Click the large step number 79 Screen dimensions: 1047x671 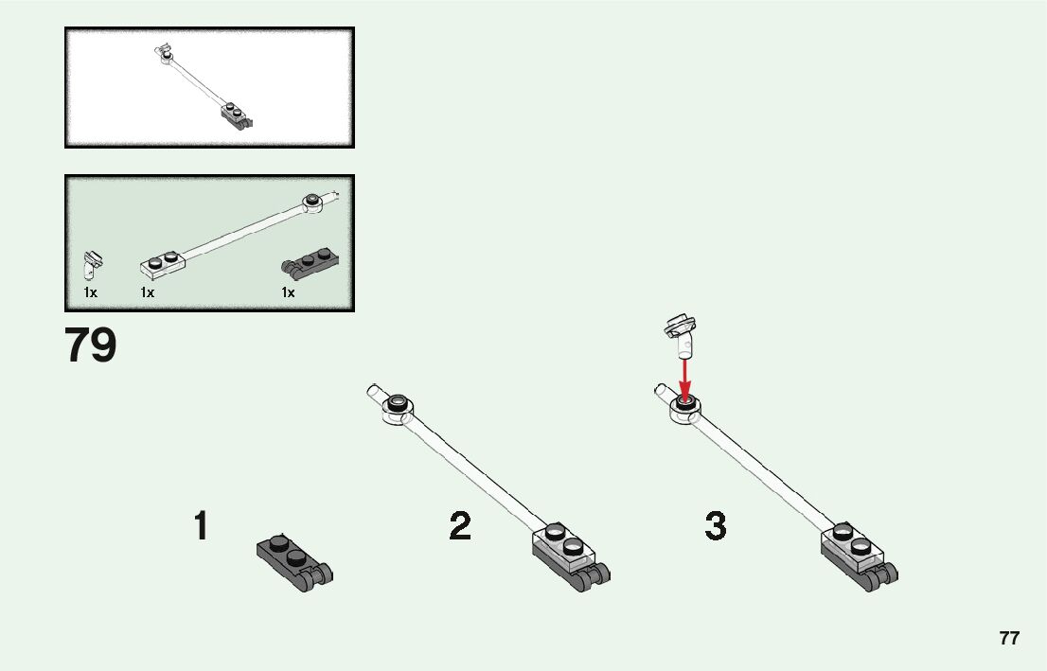pos(91,346)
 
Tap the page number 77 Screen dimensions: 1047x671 pos(1009,638)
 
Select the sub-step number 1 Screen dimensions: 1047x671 pos(201,526)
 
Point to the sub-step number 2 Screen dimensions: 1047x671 pos(460,526)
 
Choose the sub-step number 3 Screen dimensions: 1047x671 pos(716,526)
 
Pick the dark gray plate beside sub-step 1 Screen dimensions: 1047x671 pos(294,561)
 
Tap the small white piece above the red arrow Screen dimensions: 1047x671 pos(681,333)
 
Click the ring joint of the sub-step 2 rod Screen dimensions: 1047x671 pos(397,408)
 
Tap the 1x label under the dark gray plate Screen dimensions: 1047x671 pos(288,293)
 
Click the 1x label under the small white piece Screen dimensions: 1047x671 pos(90,293)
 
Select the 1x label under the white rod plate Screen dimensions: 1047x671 pos(148,293)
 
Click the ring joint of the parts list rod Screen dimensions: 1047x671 pos(311,202)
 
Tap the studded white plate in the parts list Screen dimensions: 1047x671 pos(161,260)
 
